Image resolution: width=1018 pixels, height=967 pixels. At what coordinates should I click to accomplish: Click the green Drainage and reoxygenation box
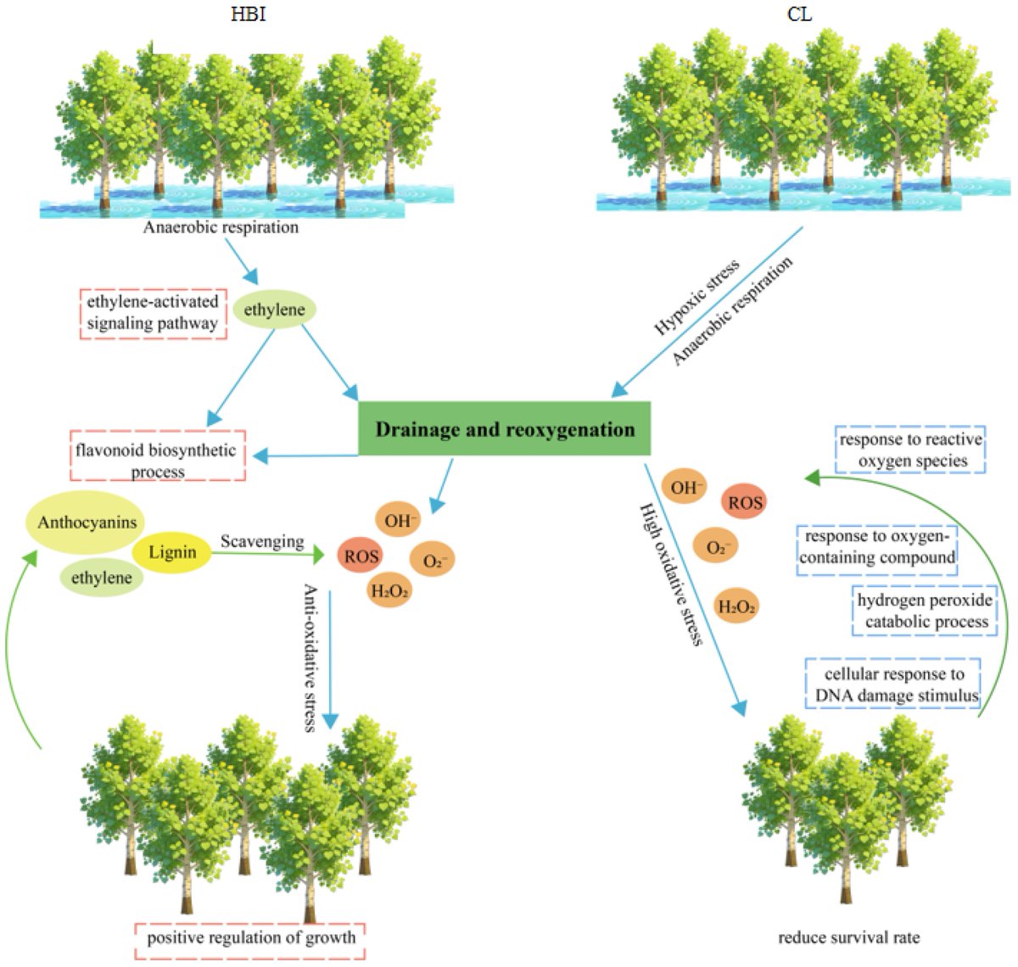[505, 429]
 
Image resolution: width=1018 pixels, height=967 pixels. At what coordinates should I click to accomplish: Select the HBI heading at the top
[248, 14]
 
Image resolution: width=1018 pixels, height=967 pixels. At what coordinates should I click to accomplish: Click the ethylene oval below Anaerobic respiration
[274, 310]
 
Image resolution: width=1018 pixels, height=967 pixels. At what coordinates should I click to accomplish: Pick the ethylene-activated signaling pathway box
[153, 313]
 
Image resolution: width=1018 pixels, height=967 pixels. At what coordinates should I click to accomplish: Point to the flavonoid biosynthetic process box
[157, 460]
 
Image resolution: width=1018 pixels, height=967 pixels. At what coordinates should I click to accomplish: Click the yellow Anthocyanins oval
[87, 523]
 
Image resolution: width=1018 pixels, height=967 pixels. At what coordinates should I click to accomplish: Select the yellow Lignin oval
[172, 553]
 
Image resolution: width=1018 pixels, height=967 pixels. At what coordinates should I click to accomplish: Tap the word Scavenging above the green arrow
[262, 541]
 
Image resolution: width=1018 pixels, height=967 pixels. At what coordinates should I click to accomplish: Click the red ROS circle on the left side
[361, 557]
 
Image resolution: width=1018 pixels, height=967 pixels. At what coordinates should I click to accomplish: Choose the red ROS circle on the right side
[746, 503]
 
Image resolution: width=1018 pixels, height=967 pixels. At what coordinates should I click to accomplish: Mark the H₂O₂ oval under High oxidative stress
[736, 606]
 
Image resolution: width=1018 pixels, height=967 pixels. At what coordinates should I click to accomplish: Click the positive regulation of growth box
[251, 938]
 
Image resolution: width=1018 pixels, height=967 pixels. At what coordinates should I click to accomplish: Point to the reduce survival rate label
[848, 938]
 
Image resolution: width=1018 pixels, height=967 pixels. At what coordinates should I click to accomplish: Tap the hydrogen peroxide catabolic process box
[924, 611]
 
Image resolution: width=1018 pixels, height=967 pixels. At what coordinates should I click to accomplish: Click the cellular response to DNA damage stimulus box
[893, 685]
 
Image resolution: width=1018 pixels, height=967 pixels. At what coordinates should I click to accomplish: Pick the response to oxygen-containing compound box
[876, 548]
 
